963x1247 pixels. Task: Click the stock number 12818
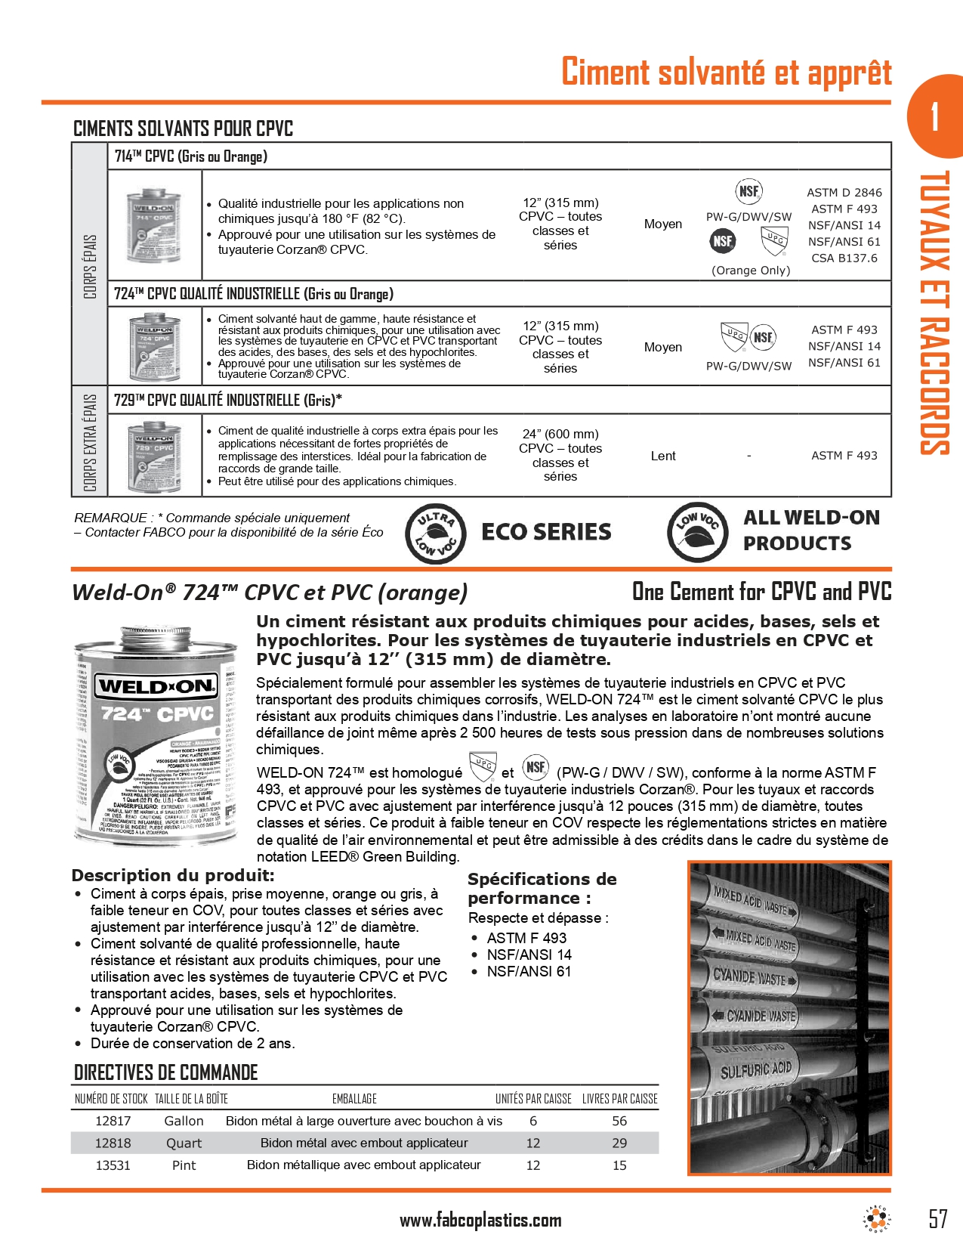pyautogui.click(x=113, y=1143)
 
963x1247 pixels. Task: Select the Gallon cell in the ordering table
pyautogui.click(x=184, y=1121)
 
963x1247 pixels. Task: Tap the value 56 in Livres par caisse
pyautogui.click(x=619, y=1121)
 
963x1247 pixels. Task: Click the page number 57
pyautogui.click(x=937, y=1218)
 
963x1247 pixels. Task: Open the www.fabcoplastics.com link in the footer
pyautogui.click(x=480, y=1220)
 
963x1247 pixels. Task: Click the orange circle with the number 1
pyautogui.click(x=936, y=116)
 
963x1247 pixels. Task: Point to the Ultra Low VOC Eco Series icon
pyautogui.click(x=434, y=534)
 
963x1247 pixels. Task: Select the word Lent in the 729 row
pyautogui.click(x=663, y=456)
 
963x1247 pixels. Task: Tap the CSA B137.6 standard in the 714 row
pyautogui.click(x=844, y=258)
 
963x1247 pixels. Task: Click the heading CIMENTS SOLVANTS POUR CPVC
pyautogui.click(x=183, y=128)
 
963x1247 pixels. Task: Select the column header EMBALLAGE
pyautogui.click(x=354, y=1099)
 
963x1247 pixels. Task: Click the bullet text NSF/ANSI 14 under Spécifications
pyautogui.click(x=529, y=955)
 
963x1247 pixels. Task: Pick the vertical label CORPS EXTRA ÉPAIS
pyautogui.click(x=90, y=442)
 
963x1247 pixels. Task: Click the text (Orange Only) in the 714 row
pyautogui.click(x=751, y=271)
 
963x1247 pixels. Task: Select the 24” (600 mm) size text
pyautogui.click(x=560, y=434)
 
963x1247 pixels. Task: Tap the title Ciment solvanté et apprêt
pyautogui.click(x=726, y=72)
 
